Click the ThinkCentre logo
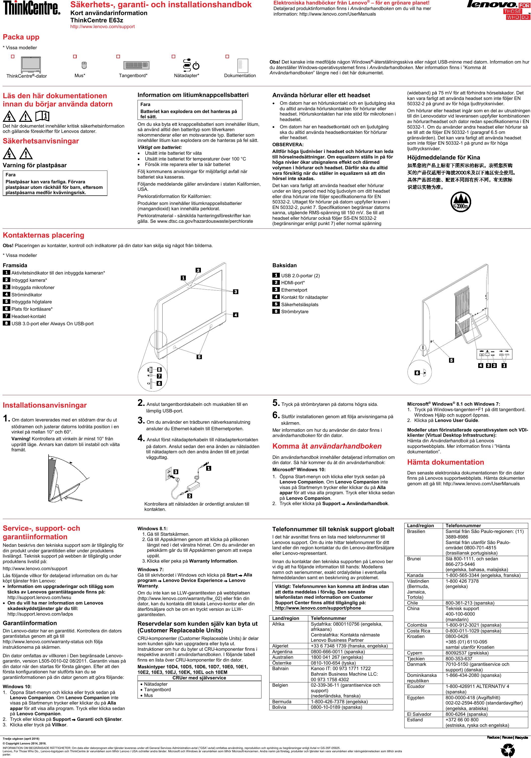point(31,8)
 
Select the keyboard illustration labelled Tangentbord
point(136,65)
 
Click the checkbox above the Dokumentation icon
point(227,57)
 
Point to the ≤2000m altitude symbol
point(461,202)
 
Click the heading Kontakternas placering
point(43,235)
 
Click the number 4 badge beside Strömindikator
point(6,294)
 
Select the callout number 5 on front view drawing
point(199,357)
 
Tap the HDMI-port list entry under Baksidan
point(293,283)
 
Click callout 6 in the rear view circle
point(417,373)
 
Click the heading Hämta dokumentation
point(446,462)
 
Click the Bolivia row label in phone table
point(279,707)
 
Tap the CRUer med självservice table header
point(199,678)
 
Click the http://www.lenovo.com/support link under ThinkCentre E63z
point(102,27)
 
